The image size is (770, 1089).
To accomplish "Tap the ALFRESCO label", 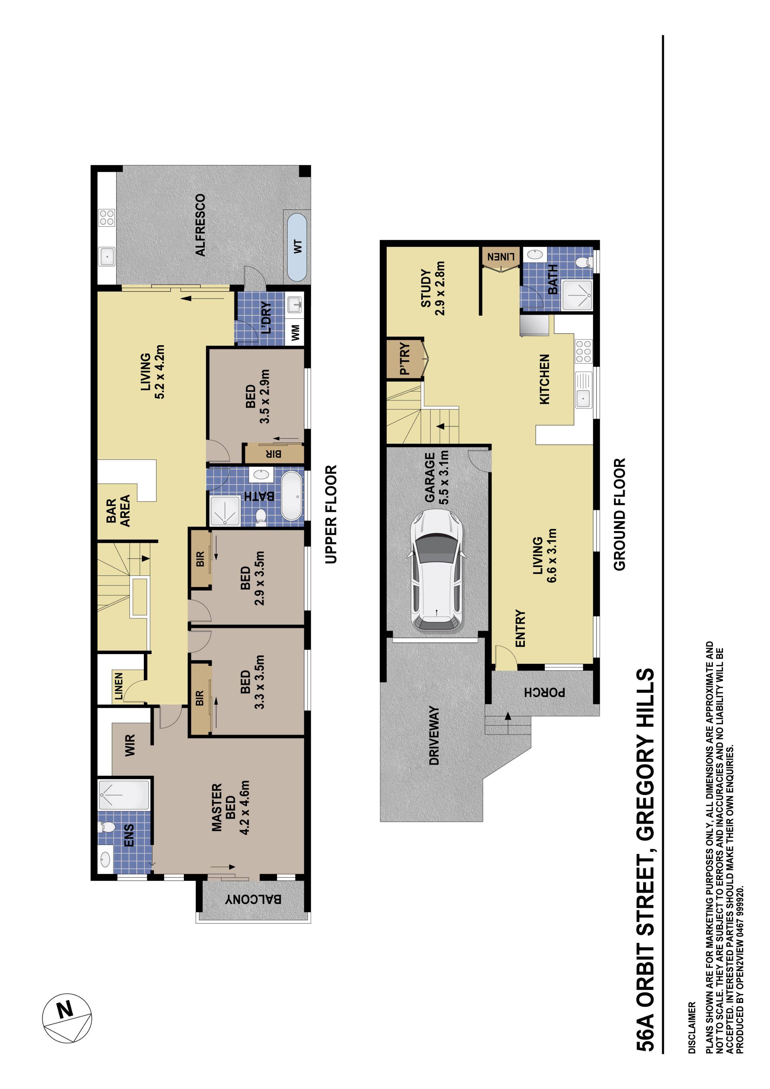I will coord(201,225).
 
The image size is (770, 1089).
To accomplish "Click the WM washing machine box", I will coord(296,332).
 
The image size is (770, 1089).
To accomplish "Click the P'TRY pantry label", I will coord(404,359).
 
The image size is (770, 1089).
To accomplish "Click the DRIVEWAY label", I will coord(433,735).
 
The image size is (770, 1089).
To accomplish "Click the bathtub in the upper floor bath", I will coord(292,496).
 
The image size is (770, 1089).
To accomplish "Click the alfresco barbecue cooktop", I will coord(107,218).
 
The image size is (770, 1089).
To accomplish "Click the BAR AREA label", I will coord(118,511).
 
